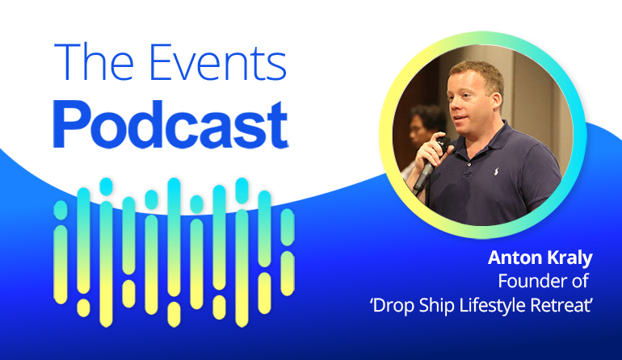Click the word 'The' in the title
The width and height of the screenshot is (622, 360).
[94, 61]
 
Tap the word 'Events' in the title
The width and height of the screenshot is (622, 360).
[218, 61]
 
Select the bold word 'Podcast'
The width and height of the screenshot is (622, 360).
[171, 124]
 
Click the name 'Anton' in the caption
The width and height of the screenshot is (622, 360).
[512, 257]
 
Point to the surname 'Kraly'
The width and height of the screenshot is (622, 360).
[567, 258]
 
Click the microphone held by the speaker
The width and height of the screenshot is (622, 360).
[428, 166]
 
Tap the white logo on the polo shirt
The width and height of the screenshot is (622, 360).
[496, 171]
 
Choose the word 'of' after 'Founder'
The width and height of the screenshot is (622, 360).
[580, 281]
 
